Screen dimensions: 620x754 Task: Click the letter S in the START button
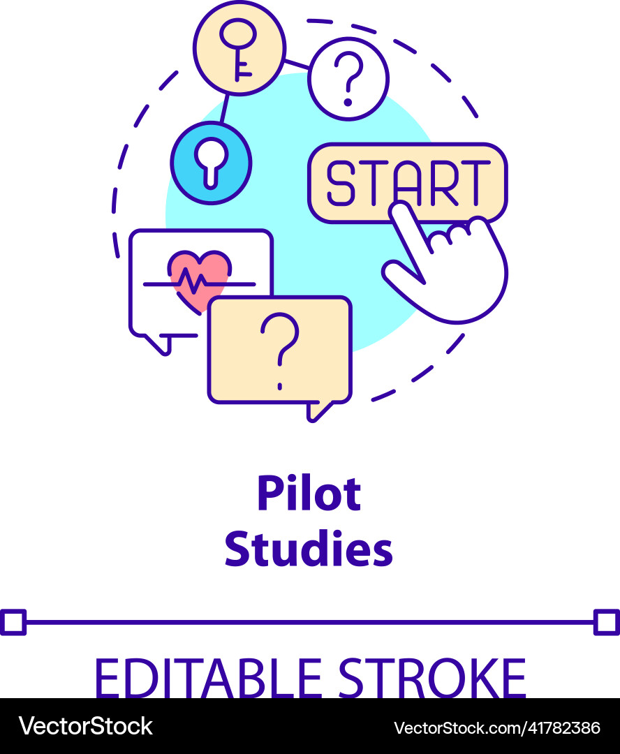[x=341, y=183]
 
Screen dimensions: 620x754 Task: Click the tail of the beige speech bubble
[x=317, y=411]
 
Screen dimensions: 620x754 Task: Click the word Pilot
[x=309, y=494]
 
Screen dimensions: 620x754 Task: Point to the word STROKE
[x=432, y=677]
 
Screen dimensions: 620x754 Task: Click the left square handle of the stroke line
[x=13, y=621]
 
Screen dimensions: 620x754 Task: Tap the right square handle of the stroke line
[x=606, y=621]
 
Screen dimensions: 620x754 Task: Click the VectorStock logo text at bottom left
[x=86, y=727]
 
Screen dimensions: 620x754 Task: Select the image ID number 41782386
[x=553, y=727]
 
